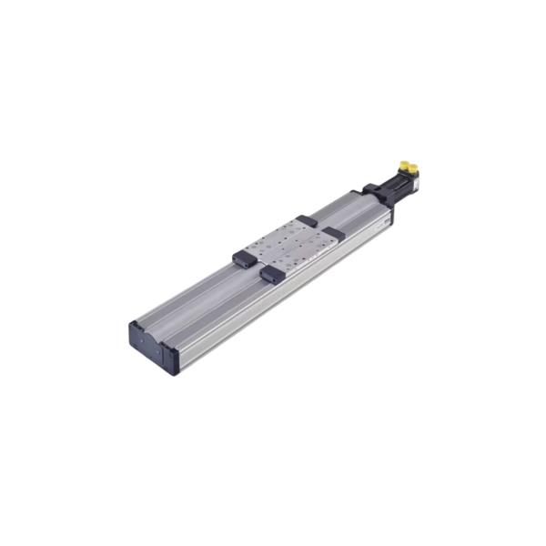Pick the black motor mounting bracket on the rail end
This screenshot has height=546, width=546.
373,194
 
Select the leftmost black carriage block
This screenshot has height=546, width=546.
244,258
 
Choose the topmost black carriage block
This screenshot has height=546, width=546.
307,220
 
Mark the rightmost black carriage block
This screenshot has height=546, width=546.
334,233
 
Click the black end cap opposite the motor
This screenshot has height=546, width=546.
151,340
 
